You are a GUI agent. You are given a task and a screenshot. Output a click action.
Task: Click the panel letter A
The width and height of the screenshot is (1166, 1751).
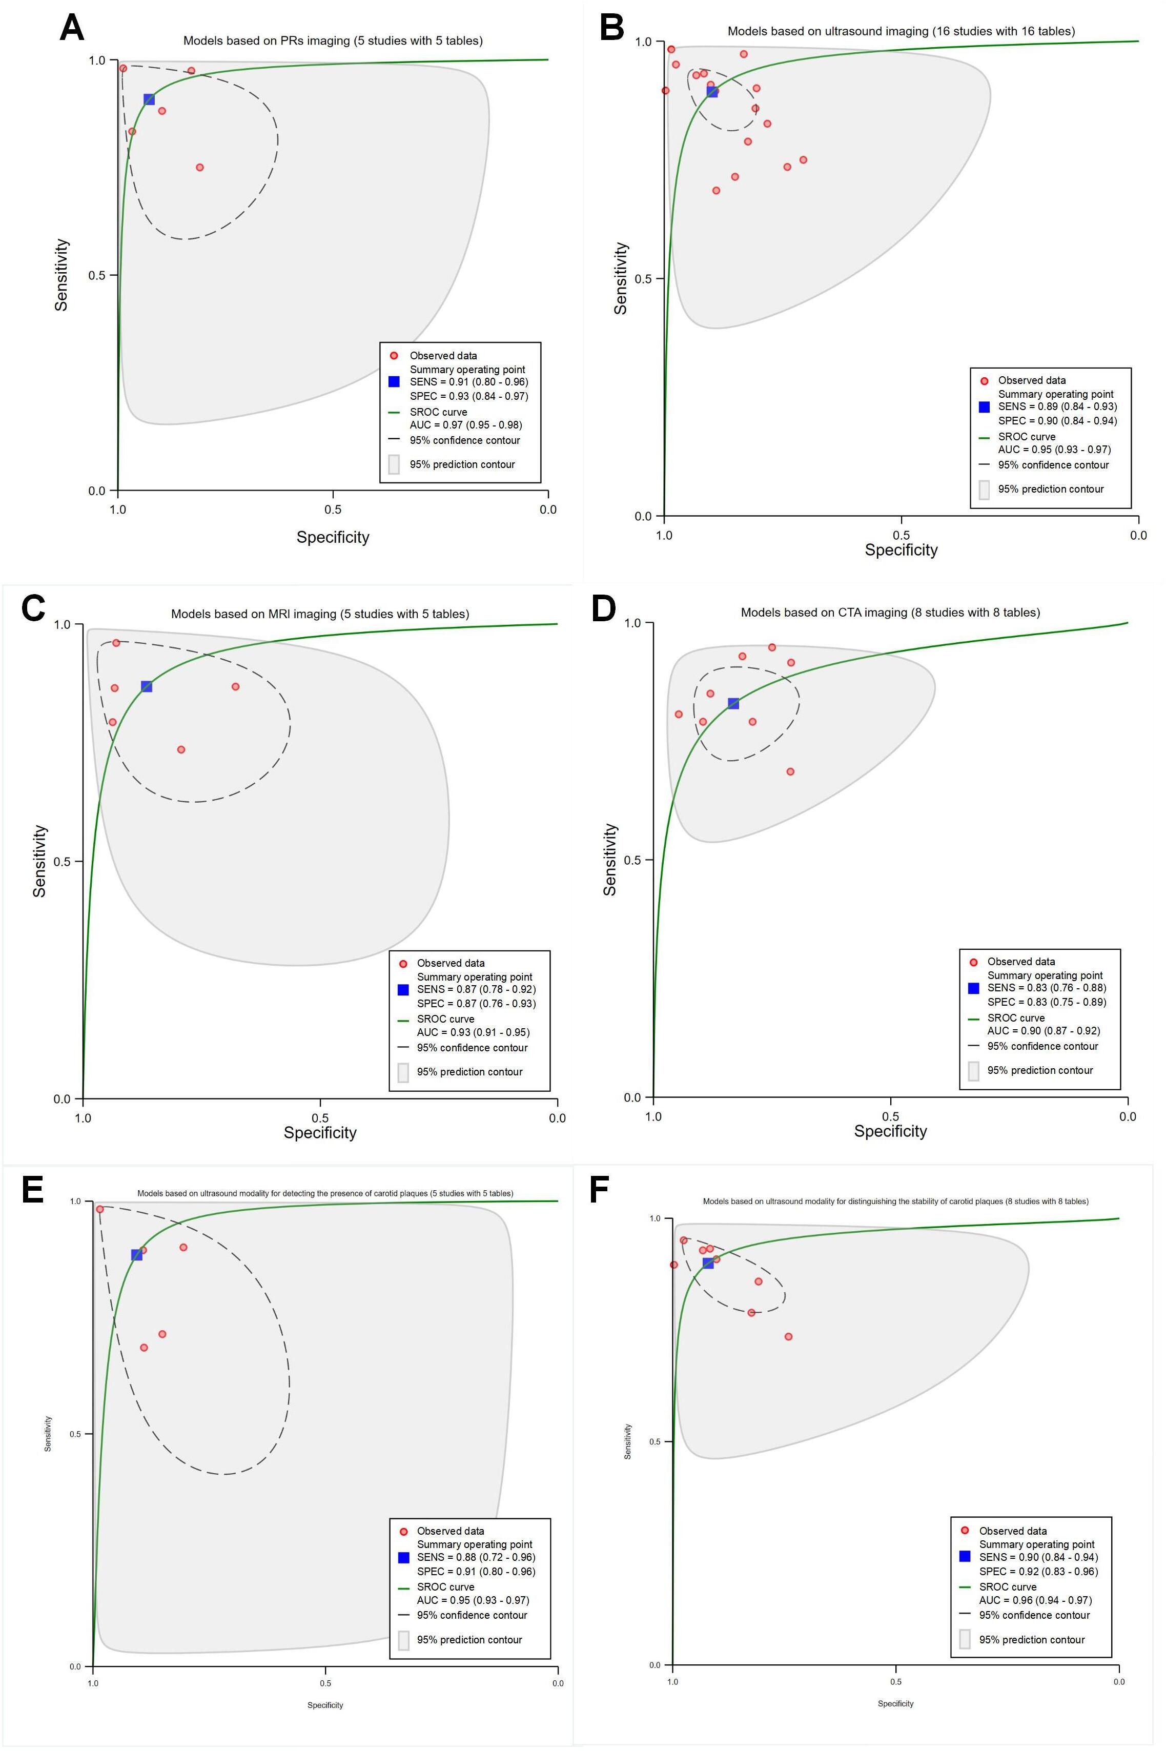[x=72, y=28]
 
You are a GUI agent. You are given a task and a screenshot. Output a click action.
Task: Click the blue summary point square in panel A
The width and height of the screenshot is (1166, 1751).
[x=149, y=99]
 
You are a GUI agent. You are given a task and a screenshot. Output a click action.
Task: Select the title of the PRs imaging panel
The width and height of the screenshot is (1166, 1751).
[x=333, y=41]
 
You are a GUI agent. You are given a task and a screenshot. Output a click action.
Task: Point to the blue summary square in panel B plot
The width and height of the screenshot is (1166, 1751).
[x=712, y=91]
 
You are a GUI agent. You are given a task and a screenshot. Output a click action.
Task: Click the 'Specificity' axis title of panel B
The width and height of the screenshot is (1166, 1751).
[x=901, y=550]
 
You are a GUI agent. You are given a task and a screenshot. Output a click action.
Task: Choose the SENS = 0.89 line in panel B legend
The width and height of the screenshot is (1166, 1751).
[x=1057, y=406]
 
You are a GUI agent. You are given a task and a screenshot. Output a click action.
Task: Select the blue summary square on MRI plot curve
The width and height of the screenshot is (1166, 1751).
[x=147, y=686]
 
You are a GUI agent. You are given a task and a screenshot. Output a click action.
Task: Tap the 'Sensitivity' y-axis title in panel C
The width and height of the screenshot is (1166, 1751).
[x=39, y=861]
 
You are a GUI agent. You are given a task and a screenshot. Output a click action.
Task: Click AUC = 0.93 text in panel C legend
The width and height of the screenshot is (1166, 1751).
[x=473, y=1032]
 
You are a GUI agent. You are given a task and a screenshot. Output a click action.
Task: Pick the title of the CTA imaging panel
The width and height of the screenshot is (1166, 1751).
[x=890, y=613]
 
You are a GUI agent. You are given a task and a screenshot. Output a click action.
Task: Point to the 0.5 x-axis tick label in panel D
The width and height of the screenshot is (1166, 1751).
[x=890, y=1116]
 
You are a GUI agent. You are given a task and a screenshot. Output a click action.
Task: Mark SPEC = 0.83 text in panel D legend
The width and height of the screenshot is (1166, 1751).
[x=1046, y=1002]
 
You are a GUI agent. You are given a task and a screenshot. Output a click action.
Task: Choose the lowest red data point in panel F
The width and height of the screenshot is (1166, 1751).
[x=788, y=1337]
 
